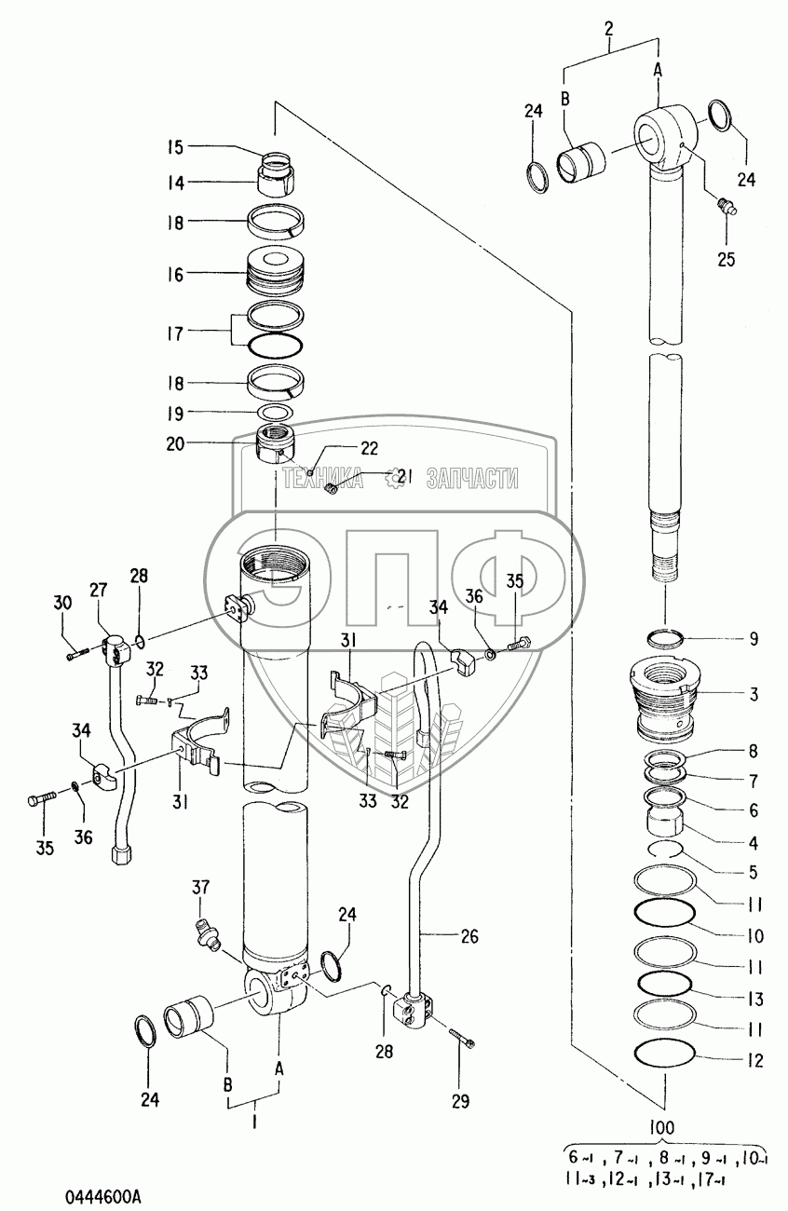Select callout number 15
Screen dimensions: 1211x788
(176, 146)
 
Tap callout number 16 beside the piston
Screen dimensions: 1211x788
(176, 275)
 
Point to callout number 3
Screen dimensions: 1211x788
(754, 694)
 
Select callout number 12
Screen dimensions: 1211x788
(754, 1060)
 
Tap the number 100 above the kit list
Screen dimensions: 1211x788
(662, 1127)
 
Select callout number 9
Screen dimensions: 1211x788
(754, 640)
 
